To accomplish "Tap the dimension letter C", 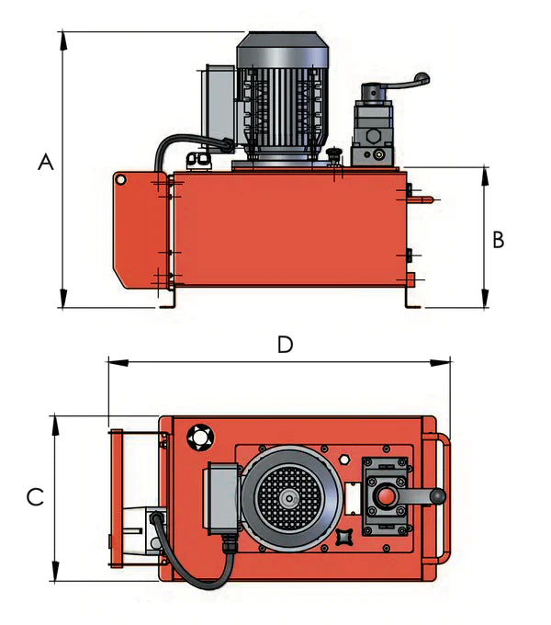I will pyautogui.click(x=35, y=497).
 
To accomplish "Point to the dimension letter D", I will pyautogui.click(x=286, y=345).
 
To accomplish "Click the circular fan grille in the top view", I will pyautogui.click(x=289, y=498).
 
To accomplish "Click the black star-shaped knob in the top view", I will pyautogui.click(x=346, y=536).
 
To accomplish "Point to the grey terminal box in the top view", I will pyautogui.click(x=221, y=497).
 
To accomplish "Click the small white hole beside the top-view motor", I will pyautogui.click(x=343, y=458).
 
